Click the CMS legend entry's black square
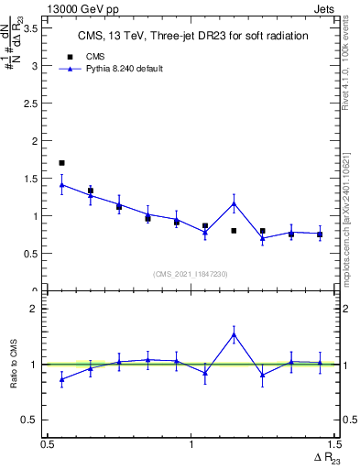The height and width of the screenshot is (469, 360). tap(70, 57)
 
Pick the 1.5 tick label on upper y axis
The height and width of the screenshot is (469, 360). tap(33, 179)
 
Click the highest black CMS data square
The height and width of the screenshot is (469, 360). tap(61, 163)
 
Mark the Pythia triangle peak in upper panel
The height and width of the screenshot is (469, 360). tap(235, 203)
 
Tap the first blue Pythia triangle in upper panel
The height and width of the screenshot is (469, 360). tap(61, 185)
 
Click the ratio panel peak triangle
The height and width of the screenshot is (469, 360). tap(235, 334)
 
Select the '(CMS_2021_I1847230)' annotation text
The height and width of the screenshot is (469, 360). tap(191, 274)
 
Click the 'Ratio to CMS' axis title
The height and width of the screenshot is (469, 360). tap(14, 364)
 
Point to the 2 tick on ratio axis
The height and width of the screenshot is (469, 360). tap(36, 310)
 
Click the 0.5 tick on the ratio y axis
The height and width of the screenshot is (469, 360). tap(33, 420)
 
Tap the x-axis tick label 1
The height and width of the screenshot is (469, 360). tap(191, 444)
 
